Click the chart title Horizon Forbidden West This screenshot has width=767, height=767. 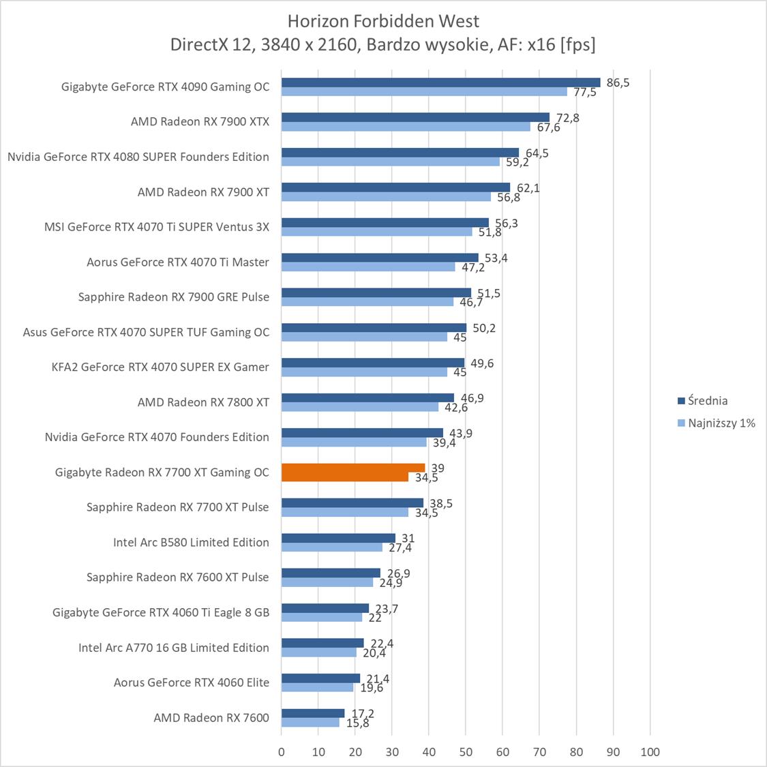coord(383,20)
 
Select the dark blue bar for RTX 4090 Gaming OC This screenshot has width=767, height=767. coord(440,82)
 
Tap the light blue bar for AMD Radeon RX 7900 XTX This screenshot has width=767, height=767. coord(406,127)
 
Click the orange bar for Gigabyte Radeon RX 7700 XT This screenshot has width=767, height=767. coord(352,468)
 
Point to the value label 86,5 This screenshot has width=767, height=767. coord(618,82)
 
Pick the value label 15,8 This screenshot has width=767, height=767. coord(357,723)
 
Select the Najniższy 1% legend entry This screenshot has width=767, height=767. coord(721,423)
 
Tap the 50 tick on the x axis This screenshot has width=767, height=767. coord(466,752)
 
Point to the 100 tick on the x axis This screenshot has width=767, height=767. coord(650,752)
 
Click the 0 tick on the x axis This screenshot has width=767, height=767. coord(282,752)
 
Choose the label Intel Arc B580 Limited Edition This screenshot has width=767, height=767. coord(191,542)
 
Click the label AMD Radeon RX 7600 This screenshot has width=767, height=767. coord(211,717)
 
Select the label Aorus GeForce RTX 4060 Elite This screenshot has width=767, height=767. coord(192,682)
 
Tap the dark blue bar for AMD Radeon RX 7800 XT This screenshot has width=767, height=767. coord(367,397)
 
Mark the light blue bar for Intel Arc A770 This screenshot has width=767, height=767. coord(319,652)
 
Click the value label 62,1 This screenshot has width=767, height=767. coord(528,187)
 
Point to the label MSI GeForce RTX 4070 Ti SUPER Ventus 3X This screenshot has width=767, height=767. coord(157,226)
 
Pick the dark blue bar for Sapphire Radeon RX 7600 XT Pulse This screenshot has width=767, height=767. coord(331,573)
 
